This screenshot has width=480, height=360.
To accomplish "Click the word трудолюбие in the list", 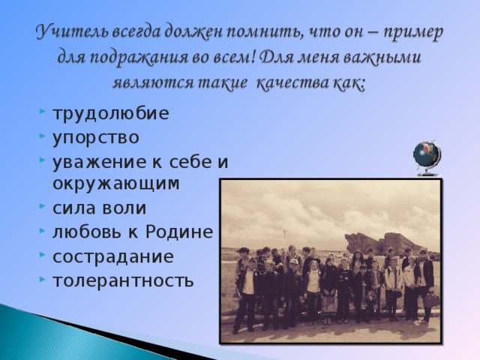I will [x=110, y=114].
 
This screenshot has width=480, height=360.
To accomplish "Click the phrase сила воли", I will [x=99, y=208].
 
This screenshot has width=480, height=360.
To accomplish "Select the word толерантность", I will [x=122, y=280].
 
